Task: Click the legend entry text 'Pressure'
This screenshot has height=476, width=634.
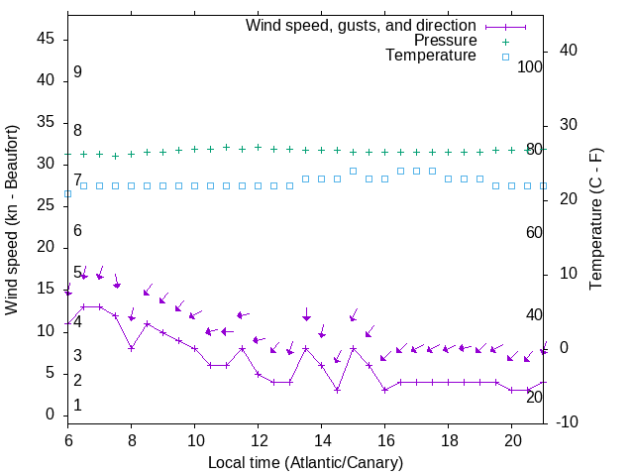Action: [x=447, y=41]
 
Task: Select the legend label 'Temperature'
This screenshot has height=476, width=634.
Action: [x=431, y=57]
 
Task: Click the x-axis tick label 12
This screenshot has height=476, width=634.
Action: [x=259, y=438]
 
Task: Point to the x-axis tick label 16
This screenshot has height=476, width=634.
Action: [x=385, y=438]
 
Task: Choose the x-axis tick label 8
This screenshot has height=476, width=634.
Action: [x=132, y=438]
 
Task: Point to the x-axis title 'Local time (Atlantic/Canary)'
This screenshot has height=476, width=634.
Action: [x=305, y=461]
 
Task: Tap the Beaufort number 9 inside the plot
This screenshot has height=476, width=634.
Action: [x=77, y=72]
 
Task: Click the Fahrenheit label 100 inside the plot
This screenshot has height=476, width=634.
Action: [x=530, y=67]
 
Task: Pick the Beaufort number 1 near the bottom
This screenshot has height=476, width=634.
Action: [x=77, y=406]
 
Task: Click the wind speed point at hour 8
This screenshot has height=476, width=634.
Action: [x=132, y=348]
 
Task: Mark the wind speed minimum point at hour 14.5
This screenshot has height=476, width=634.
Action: [x=338, y=390]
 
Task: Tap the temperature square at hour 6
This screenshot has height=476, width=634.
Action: [x=68, y=193]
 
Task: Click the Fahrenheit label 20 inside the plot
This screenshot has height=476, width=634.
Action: [x=534, y=397]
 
